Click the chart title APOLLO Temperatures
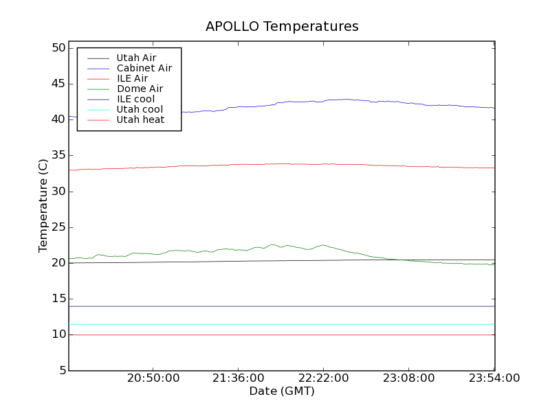(x=282, y=27)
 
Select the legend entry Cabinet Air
(x=144, y=68)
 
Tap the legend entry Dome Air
(x=140, y=89)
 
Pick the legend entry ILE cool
(x=135, y=99)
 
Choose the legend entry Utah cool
(x=140, y=109)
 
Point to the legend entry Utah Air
(x=136, y=58)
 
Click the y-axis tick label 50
(x=57, y=48)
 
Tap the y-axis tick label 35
(x=57, y=155)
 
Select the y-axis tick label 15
(x=57, y=299)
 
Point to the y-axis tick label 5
(x=60, y=371)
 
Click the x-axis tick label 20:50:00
(x=153, y=378)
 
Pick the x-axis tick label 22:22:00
(x=324, y=378)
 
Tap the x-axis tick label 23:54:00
(x=494, y=378)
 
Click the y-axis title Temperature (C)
(x=43, y=205)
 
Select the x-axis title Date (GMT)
(x=281, y=391)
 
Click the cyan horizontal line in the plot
(x=275, y=324)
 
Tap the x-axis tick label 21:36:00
(x=239, y=378)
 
